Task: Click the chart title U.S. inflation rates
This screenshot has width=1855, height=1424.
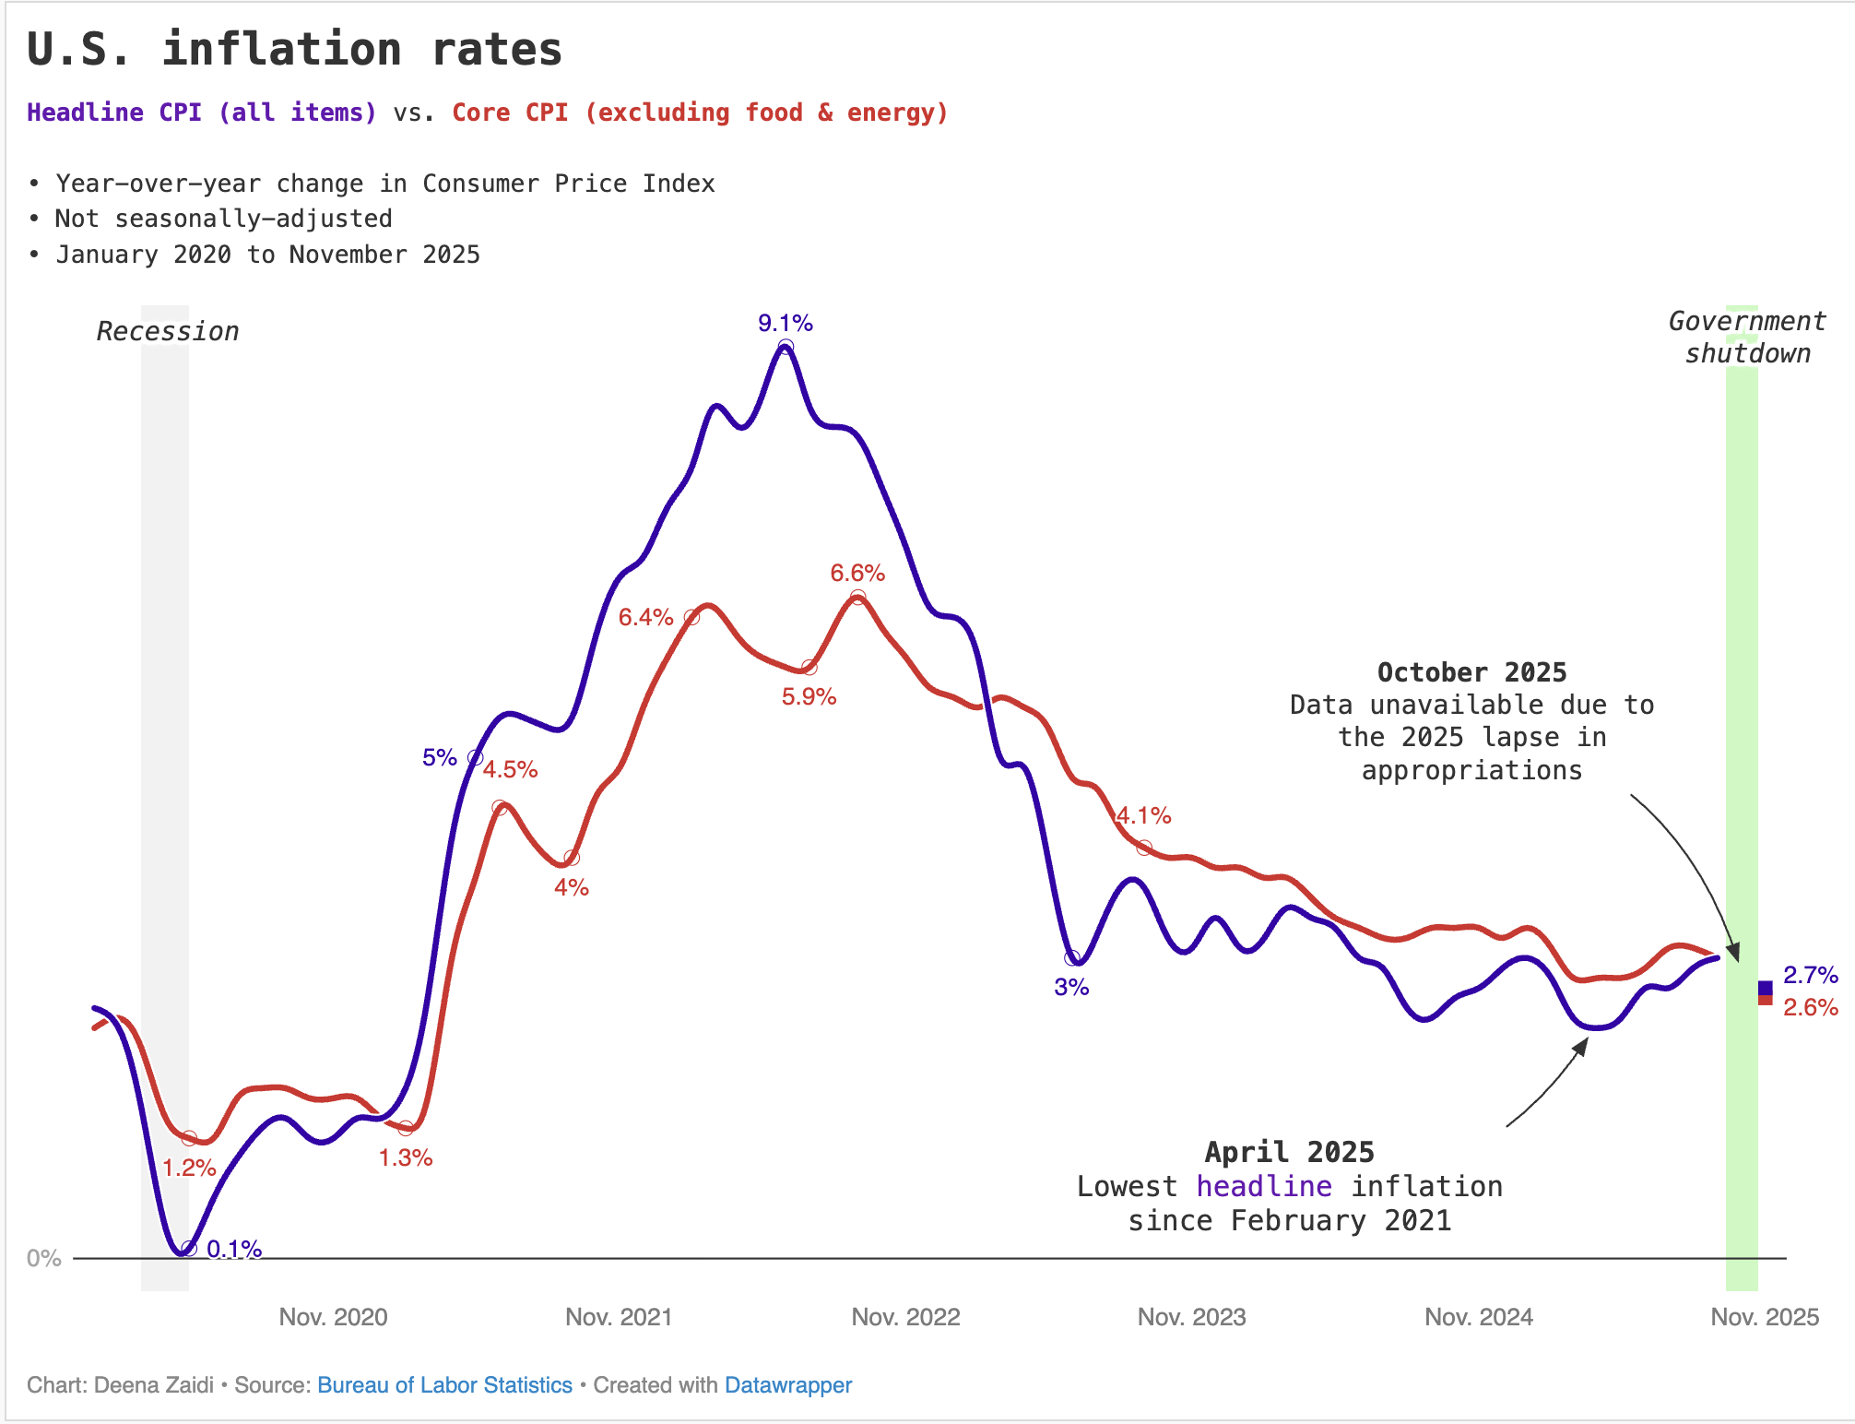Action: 294,49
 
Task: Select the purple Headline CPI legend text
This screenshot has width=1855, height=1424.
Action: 201,113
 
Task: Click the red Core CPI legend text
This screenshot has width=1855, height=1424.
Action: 700,113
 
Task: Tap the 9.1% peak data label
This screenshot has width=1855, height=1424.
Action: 785,323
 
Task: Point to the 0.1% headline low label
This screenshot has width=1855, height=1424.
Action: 234,1249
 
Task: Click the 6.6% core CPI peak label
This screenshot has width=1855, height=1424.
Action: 857,573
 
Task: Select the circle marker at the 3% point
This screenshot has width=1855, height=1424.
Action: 1072,958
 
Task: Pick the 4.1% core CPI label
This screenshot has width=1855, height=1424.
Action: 1143,815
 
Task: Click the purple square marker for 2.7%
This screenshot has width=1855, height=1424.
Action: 1765,988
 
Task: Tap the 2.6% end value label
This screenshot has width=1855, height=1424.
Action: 1810,1007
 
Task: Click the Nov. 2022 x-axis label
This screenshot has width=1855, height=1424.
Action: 905,1316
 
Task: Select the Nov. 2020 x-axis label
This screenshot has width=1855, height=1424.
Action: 333,1316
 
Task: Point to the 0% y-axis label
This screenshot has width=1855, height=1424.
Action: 43,1258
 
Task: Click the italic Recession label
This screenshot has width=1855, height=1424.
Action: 167,331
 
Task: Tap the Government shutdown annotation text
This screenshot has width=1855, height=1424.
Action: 1746,337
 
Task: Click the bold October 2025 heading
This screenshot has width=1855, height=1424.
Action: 1471,672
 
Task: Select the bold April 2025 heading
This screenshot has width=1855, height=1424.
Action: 1289,1152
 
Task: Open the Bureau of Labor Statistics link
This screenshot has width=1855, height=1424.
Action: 444,1385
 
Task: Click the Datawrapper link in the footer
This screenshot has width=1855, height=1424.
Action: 787,1385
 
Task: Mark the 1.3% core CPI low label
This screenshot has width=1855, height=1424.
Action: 405,1157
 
